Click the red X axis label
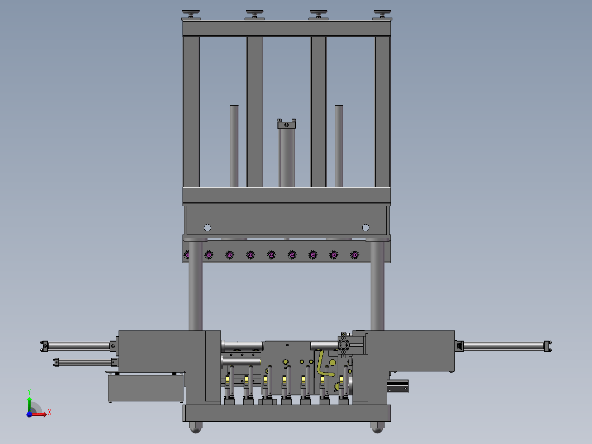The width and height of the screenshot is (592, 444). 50,412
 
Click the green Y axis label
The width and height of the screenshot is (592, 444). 29,392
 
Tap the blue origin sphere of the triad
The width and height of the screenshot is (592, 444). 29,414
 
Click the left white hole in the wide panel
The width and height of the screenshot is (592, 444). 208,228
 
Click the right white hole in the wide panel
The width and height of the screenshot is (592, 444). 366,228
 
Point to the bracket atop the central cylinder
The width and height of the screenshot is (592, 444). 287,124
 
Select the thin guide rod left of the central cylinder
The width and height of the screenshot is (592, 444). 234,146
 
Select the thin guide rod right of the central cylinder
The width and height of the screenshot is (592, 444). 339,146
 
